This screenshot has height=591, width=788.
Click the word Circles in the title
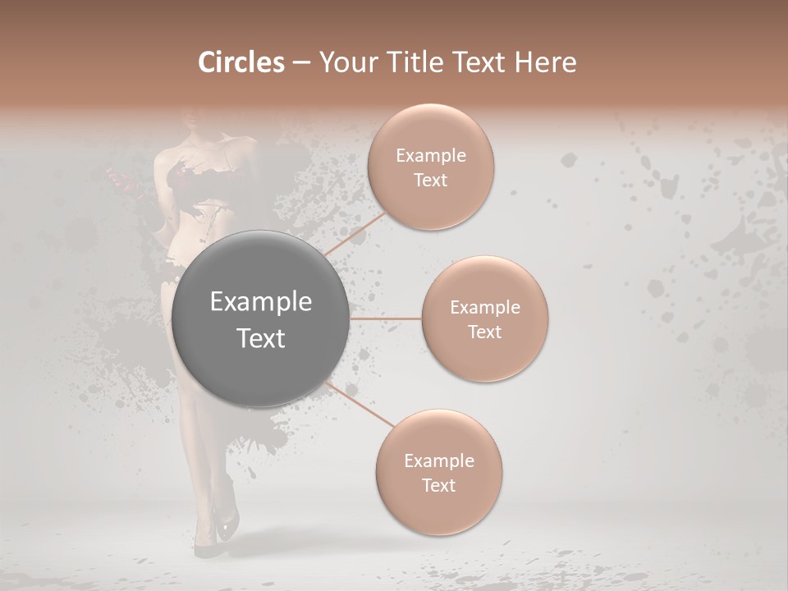tap(241, 62)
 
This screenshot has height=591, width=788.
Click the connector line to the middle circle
tap(386, 318)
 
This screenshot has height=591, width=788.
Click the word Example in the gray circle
tap(261, 302)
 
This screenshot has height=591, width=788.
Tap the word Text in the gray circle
tap(261, 338)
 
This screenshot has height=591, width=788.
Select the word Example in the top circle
tap(431, 156)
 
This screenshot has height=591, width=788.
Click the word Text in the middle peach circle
tap(485, 332)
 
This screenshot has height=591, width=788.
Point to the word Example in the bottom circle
tap(439, 460)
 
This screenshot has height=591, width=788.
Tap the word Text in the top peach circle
tap(431, 180)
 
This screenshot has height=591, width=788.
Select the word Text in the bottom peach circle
tap(439, 485)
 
